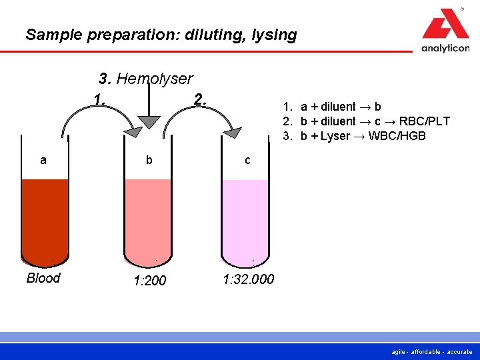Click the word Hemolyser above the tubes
coord(155,79)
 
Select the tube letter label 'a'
coord(43,160)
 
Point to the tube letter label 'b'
coord(149,160)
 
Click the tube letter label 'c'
coord(247,160)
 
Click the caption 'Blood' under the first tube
coord(43,278)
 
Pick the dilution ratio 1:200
coord(149,281)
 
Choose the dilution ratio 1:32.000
coord(248,279)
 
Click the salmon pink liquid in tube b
coord(149,220)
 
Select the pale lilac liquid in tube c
coord(246,220)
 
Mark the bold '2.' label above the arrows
coord(201,99)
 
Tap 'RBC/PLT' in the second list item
coord(424,121)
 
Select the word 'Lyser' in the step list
coord(335,136)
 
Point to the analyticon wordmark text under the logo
coord(445,48)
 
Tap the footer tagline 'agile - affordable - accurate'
coord(432,351)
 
